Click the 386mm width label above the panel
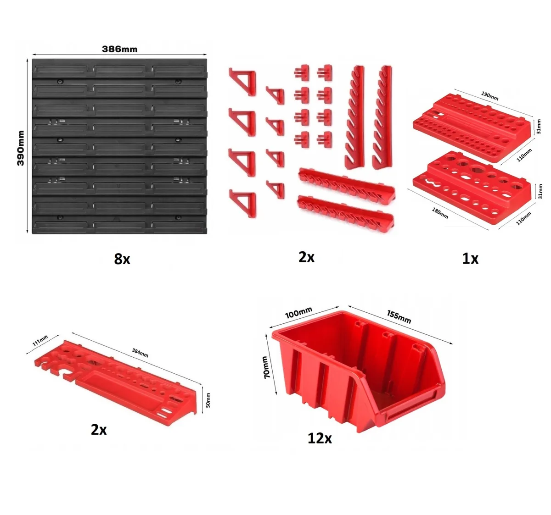coord(119,49)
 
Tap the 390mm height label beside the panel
coord(21,148)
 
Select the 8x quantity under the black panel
coord(122,259)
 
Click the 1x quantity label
coord(470,259)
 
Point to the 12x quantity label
coord(320,438)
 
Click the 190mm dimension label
coord(489,96)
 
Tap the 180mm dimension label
coord(440,213)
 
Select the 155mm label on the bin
coord(399,317)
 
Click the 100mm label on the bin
coord(298,312)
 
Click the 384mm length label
coord(140,353)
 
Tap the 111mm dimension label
coord(40,340)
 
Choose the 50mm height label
coord(208,400)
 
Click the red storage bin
coord(358,371)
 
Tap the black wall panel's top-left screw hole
coord(60,82)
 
